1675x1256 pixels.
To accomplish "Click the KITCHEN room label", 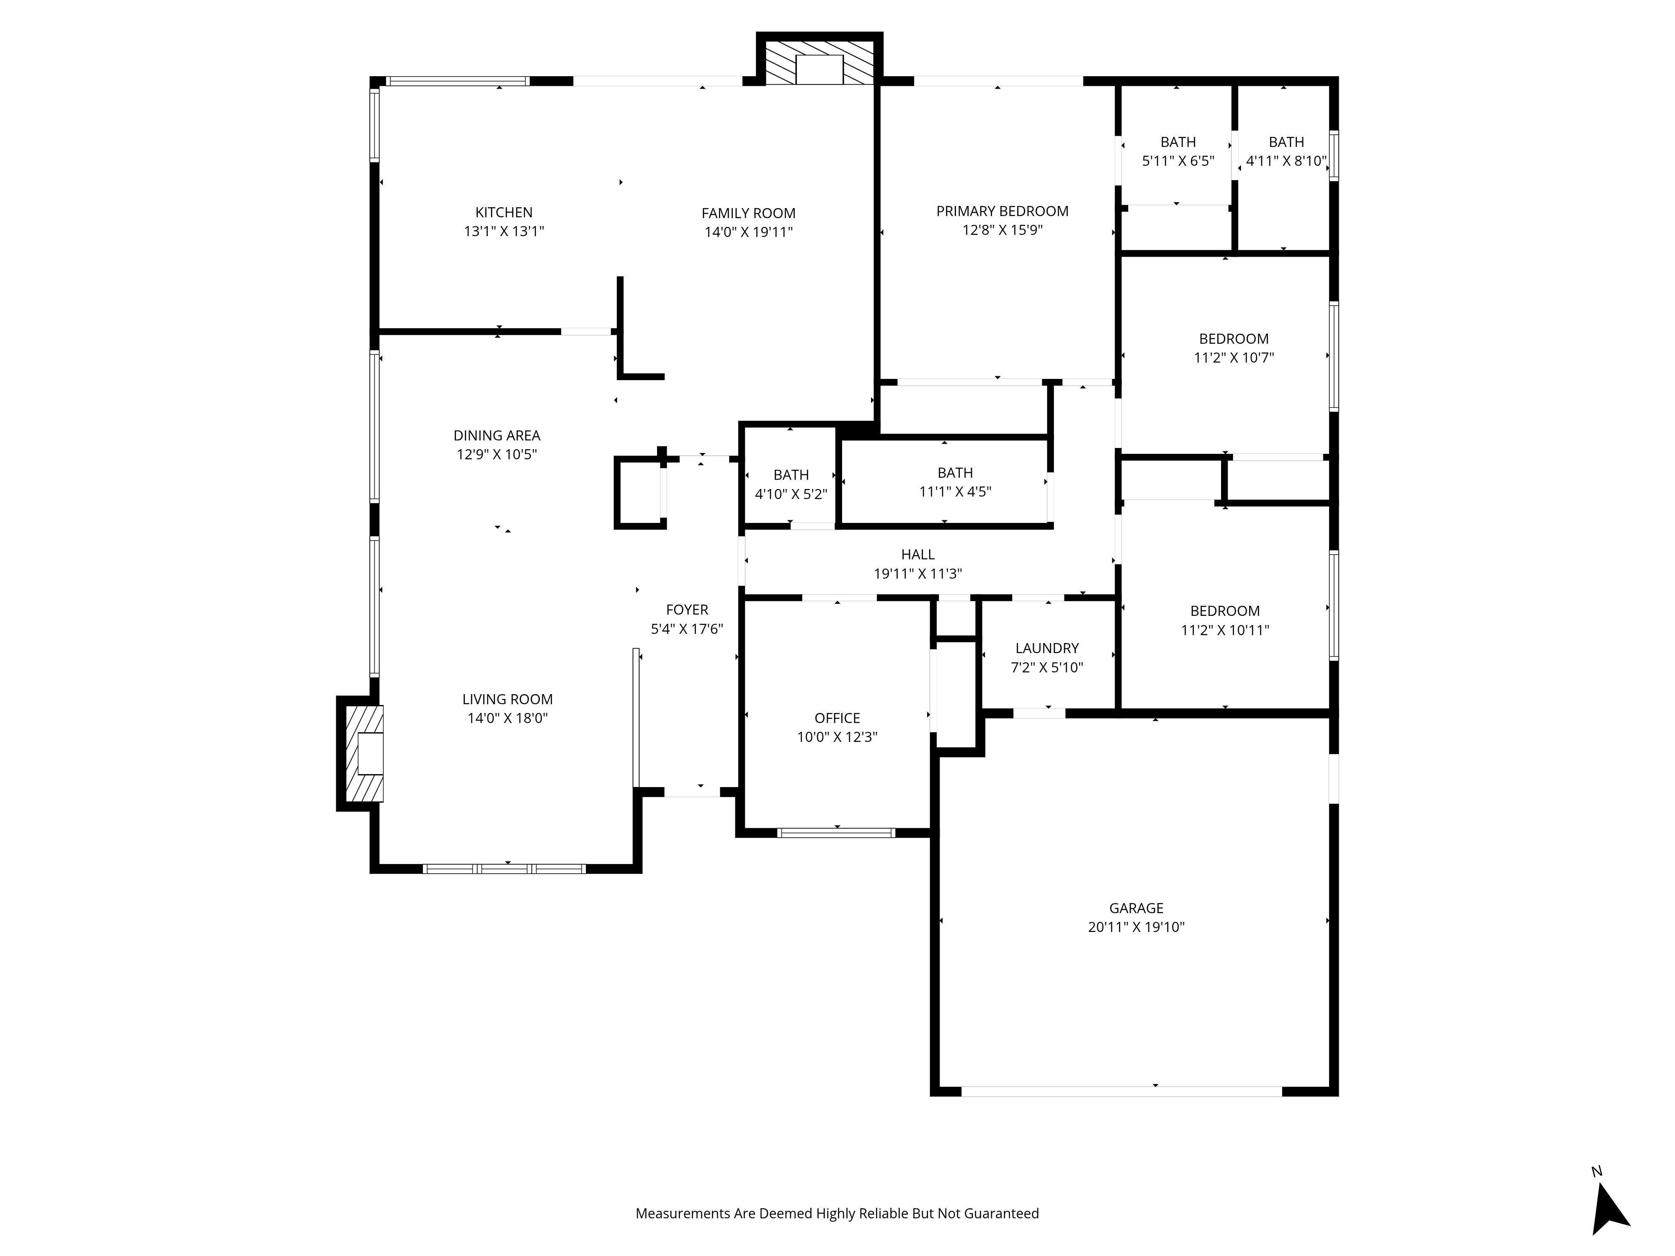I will (x=504, y=213).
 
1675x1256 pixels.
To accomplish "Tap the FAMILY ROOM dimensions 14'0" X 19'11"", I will (x=748, y=232).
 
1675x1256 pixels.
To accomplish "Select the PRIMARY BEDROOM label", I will (x=1002, y=211).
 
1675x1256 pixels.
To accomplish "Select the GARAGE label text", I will (x=1136, y=908).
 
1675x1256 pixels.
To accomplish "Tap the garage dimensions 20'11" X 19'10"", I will (x=1136, y=927).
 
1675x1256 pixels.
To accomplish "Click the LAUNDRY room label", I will (x=1046, y=648).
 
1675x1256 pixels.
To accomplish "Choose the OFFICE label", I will (x=837, y=718).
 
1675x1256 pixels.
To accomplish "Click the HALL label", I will (x=918, y=554).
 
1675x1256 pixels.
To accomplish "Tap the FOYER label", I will (x=687, y=610).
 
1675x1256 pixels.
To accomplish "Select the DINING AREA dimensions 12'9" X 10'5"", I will (x=497, y=454).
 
